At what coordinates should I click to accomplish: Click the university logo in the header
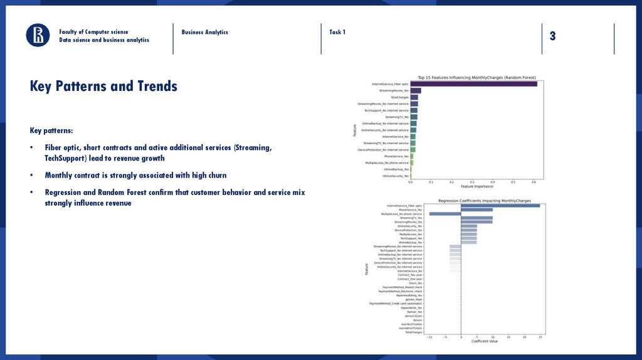click(x=38, y=35)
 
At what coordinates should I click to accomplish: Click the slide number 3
click(x=552, y=36)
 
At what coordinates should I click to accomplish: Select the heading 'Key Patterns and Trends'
click(x=103, y=86)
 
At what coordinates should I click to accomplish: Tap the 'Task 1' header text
click(x=337, y=32)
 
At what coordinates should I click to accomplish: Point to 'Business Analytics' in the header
click(x=205, y=32)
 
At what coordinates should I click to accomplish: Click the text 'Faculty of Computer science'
click(x=93, y=32)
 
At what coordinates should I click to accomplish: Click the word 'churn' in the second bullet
click(x=214, y=176)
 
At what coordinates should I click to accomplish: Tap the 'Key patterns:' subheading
click(x=51, y=131)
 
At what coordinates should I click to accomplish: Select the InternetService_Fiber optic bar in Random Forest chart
click(x=474, y=84)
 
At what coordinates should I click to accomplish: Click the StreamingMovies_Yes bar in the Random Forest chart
click(x=416, y=91)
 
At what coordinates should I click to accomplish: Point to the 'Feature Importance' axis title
click(x=476, y=186)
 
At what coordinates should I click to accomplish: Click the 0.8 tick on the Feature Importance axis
click(x=534, y=182)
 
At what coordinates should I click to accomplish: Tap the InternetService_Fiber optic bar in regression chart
click(x=500, y=206)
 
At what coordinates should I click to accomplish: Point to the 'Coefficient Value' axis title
click(x=485, y=342)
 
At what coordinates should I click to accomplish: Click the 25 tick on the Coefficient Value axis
click(x=540, y=337)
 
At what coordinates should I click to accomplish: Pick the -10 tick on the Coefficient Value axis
click(x=429, y=337)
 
